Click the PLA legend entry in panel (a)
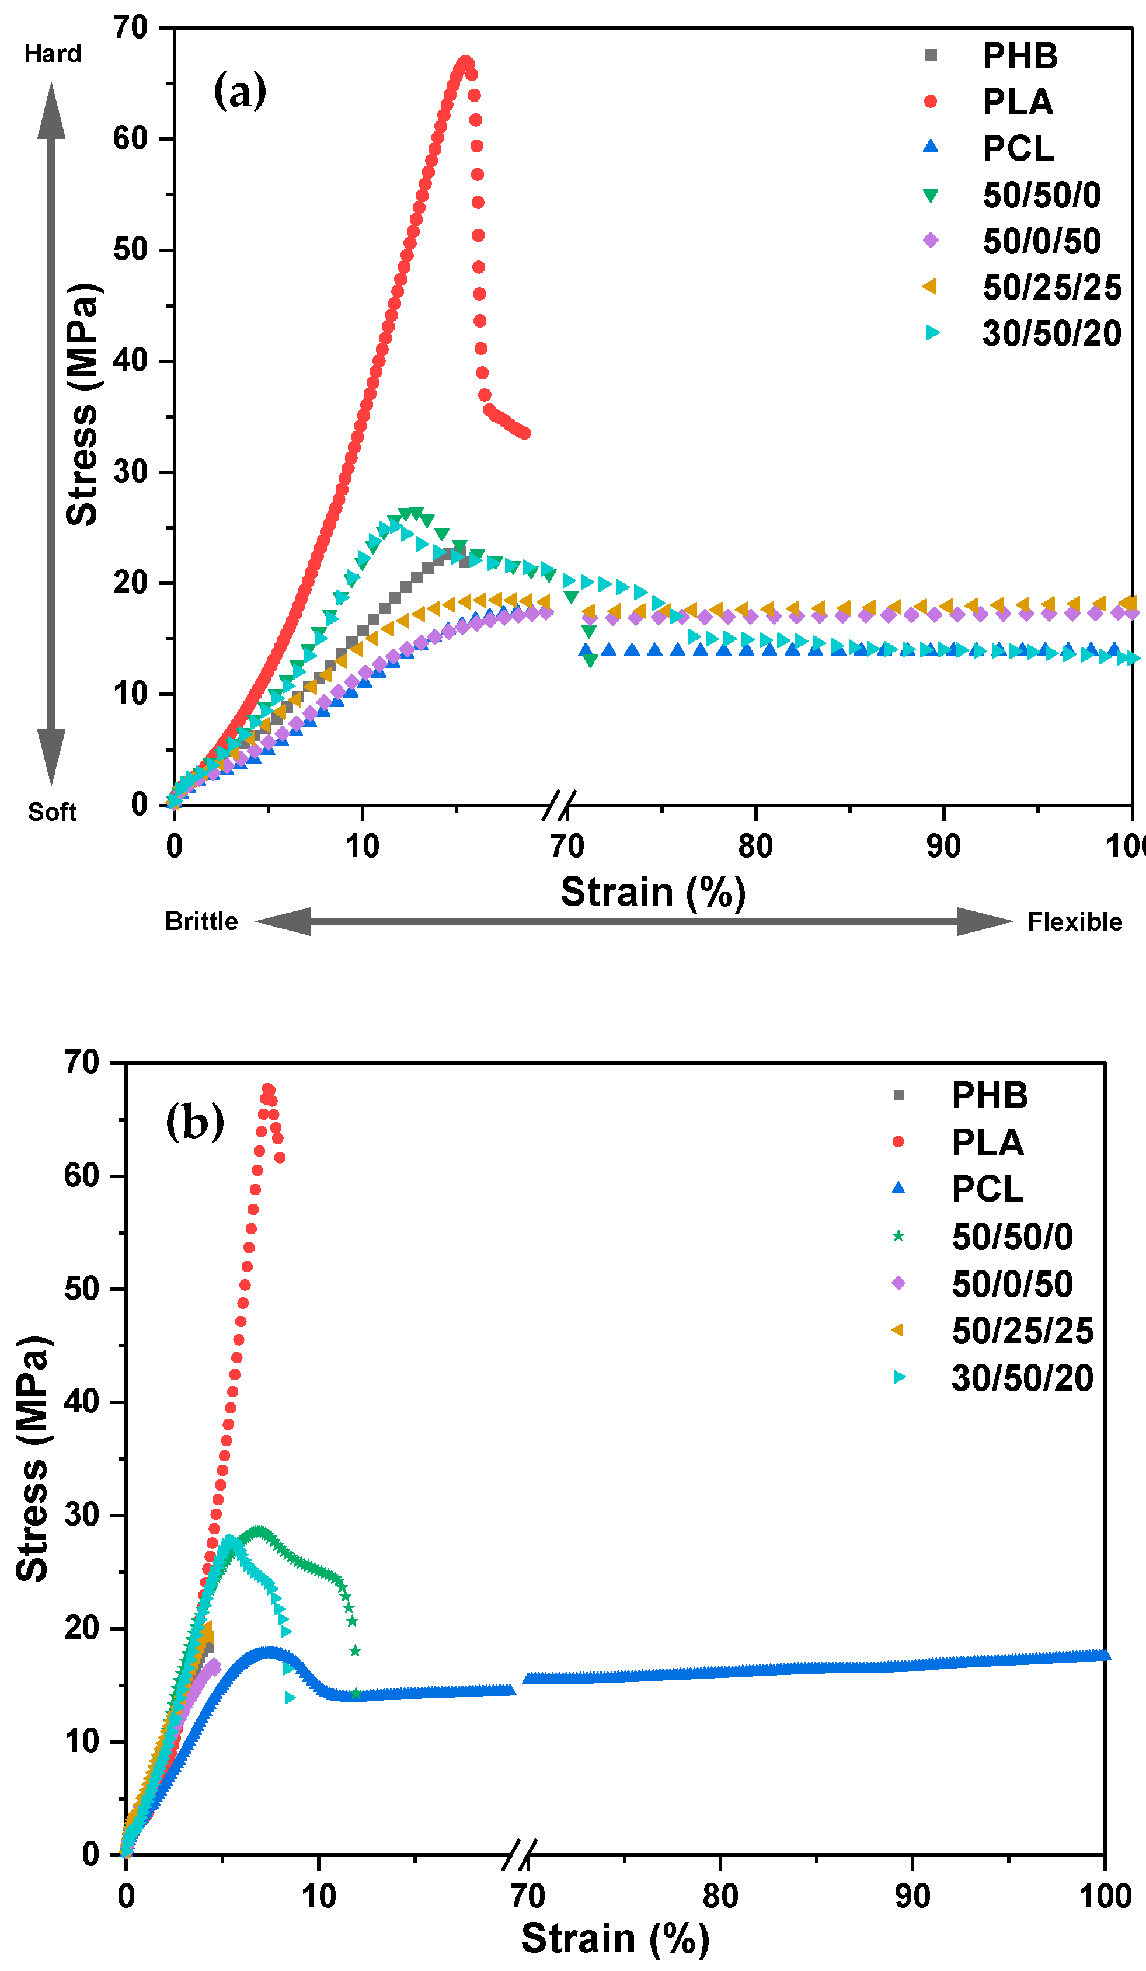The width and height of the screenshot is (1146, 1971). tap(1017, 102)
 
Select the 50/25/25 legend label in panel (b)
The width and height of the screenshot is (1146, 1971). tap(1022, 1331)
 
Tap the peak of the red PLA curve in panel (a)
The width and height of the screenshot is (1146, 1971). tap(465, 62)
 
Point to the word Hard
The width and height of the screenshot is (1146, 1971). tap(53, 54)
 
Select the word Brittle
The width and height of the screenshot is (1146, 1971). tap(201, 921)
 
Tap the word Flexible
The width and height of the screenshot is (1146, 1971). tap(1074, 922)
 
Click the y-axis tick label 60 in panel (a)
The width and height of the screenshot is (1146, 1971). tap(130, 139)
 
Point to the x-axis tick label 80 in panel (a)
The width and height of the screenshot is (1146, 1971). tap(755, 847)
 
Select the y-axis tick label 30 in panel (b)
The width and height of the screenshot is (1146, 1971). tap(82, 1515)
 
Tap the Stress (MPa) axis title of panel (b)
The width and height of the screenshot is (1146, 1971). tap(33, 1458)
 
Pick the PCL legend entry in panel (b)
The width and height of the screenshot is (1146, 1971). tap(987, 1190)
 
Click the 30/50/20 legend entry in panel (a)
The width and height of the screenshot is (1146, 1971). tap(1051, 334)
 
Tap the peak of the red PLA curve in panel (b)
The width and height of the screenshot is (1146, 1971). tap(267, 1089)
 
